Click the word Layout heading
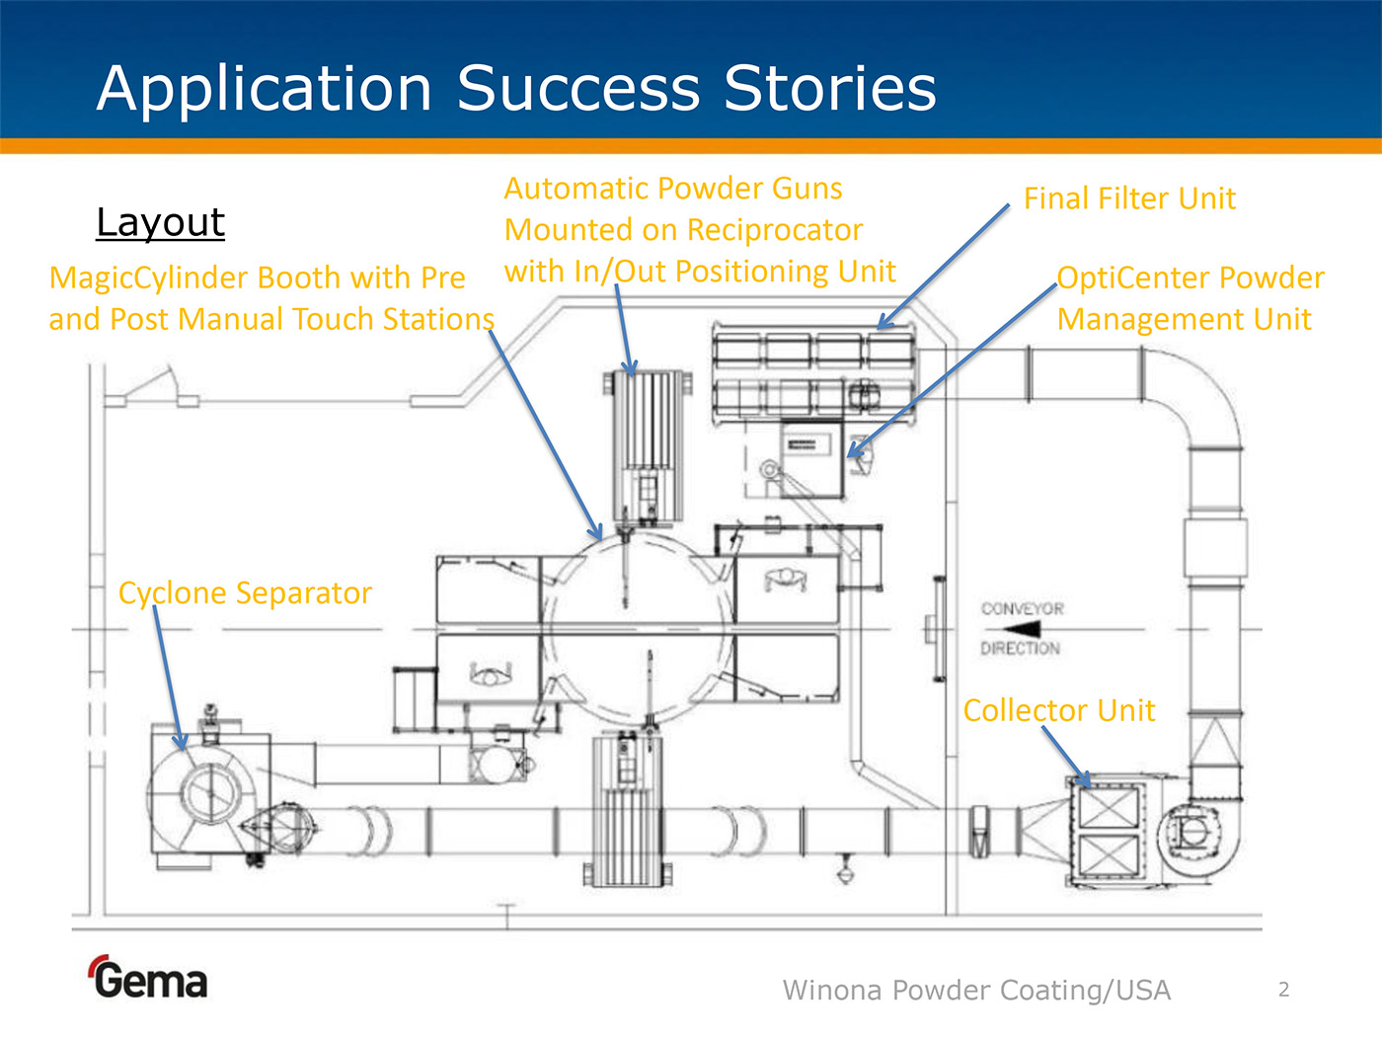pyautogui.click(x=160, y=222)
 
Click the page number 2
pyautogui.click(x=1283, y=989)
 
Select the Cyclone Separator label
pyautogui.click(x=245, y=593)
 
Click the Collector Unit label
pyautogui.click(x=1058, y=710)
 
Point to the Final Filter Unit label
pyautogui.click(x=1128, y=199)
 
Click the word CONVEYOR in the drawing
pyautogui.click(x=1022, y=608)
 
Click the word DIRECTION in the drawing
pyautogui.click(x=1020, y=648)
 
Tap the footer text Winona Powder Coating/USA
pyautogui.click(x=976, y=990)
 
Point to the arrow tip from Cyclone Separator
pyautogui.click(x=181, y=748)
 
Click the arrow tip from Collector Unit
pyautogui.click(x=1088, y=785)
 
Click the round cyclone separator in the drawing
pyautogui.click(x=210, y=791)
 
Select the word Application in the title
pyautogui.click(x=265, y=88)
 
